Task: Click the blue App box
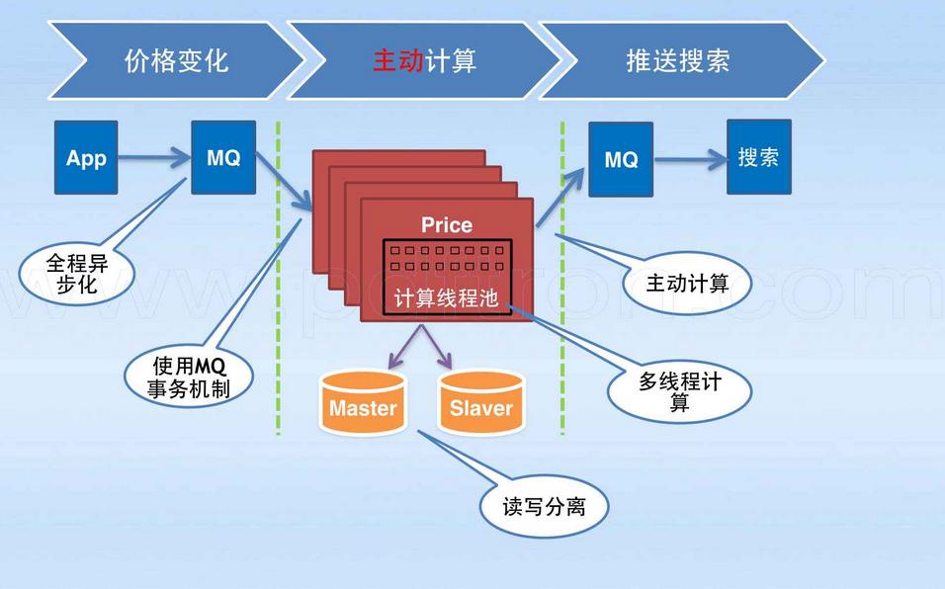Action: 85,157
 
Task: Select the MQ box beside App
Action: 222,157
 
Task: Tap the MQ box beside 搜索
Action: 620,158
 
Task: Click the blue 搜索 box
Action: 758,156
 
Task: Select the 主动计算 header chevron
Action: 423,60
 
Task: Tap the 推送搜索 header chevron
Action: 678,60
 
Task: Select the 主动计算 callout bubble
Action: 687,284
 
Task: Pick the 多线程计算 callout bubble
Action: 678,391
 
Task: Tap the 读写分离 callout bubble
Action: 543,507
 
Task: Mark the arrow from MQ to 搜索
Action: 689,158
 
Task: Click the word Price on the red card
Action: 446,225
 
